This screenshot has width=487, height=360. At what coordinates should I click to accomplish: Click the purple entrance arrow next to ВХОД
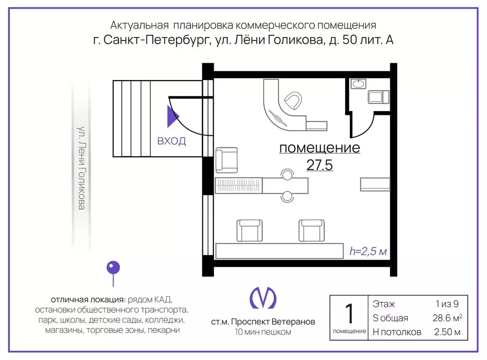(x=172, y=117)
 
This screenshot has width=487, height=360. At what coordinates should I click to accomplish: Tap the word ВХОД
(x=171, y=141)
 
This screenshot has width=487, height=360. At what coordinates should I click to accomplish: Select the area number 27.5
(x=319, y=165)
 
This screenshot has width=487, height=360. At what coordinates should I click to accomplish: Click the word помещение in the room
(x=319, y=148)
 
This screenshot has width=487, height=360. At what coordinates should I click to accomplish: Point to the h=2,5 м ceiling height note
(x=368, y=251)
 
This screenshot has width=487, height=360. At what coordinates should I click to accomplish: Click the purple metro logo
(x=263, y=298)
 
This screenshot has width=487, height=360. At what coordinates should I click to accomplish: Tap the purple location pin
(x=113, y=268)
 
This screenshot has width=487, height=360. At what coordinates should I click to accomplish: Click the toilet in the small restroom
(x=378, y=97)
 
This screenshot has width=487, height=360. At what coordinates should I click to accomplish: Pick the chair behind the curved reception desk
(x=292, y=101)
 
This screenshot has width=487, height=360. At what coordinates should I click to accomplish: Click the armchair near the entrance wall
(x=226, y=160)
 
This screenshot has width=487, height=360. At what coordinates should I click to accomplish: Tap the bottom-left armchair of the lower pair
(x=249, y=230)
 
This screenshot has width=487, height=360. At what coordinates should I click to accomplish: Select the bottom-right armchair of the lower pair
(x=311, y=230)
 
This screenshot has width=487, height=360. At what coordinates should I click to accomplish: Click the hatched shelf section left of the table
(x=239, y=185)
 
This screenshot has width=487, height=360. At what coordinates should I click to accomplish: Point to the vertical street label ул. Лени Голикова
(x=82, y=168)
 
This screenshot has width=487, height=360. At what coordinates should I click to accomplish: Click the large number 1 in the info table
(x=349, y=314)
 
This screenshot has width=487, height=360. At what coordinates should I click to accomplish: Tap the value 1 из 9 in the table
(x=447, y=304)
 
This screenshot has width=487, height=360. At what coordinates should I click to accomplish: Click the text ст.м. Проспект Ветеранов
(x=263, y=322)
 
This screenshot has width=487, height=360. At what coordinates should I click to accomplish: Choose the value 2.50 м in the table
(x=447, y=332)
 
